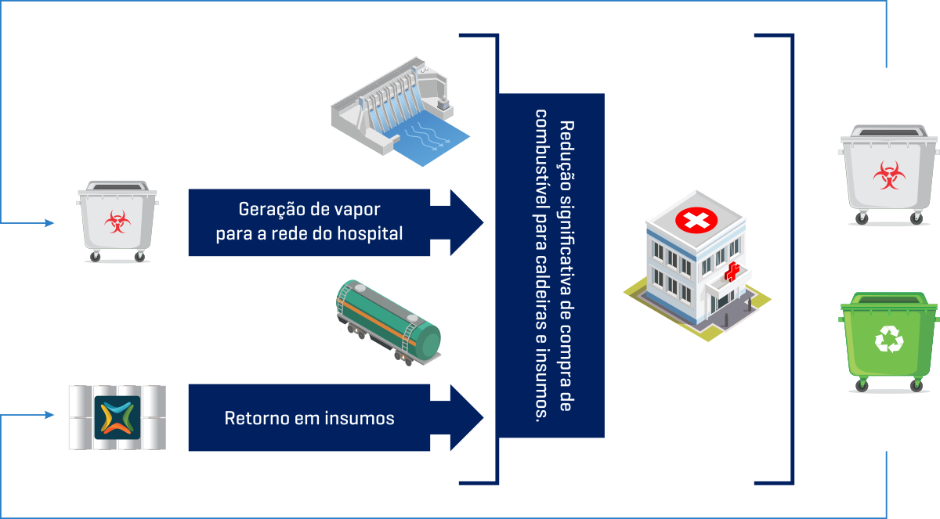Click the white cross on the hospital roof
point(695,221)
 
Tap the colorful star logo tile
point(117,417)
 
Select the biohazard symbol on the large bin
point(888,175)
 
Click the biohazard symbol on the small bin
point(116,222)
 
